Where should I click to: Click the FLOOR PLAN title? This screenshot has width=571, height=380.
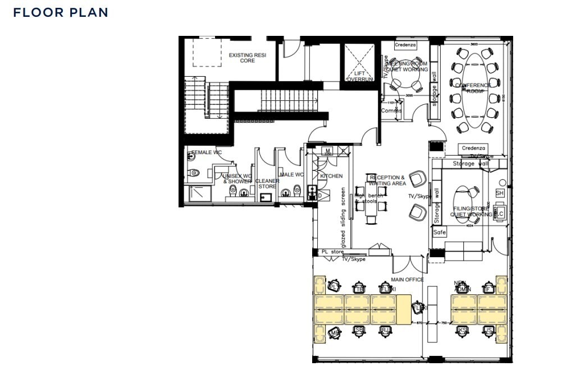[x=61, y=12]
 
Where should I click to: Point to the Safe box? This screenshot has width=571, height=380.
[x=440, y=232]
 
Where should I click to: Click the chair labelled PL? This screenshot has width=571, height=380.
[x=335, y=286]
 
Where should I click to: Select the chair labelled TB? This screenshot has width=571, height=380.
[x=359, y=288]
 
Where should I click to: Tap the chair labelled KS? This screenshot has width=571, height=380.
[x=462, y=330]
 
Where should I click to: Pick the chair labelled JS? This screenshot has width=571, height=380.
[x=488, y=331]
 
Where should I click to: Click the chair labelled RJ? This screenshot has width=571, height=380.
[x=385, y=331]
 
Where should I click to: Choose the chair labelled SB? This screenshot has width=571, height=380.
[x=359, y=331]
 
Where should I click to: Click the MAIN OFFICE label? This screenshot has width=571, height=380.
[x=407, y=280]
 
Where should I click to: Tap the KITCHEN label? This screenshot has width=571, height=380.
[x=331, y=176]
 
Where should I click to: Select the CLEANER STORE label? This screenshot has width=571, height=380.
[x=267, y=184]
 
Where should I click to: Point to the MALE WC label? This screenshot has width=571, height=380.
[x=291, y=175]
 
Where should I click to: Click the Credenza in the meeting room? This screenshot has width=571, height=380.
[x=405, y=45]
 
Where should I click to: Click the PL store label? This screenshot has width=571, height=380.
[x=332, y=252]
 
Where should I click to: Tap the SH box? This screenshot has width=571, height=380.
[x=500, y=193]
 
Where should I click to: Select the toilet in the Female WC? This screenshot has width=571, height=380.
[x=194, y=173]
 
